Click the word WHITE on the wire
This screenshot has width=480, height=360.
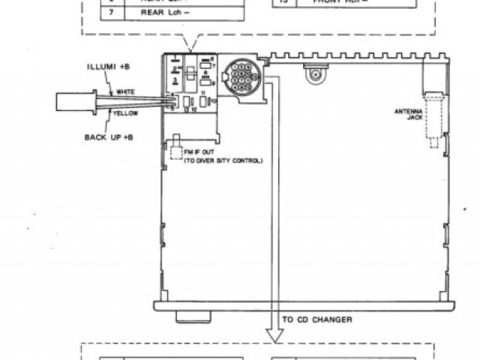[x=125, y=91]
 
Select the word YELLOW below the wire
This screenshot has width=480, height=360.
[x=125, y=113]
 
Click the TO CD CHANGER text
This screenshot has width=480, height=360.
[x=317, y=319]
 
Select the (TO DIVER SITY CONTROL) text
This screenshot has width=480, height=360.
[x=223, y=160]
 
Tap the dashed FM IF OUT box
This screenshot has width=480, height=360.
[x=176, y=153]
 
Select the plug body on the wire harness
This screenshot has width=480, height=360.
[x=75, y=102]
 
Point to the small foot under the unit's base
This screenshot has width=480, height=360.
[x=193, y=317]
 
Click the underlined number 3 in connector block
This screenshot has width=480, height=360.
[x=175, y=78]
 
